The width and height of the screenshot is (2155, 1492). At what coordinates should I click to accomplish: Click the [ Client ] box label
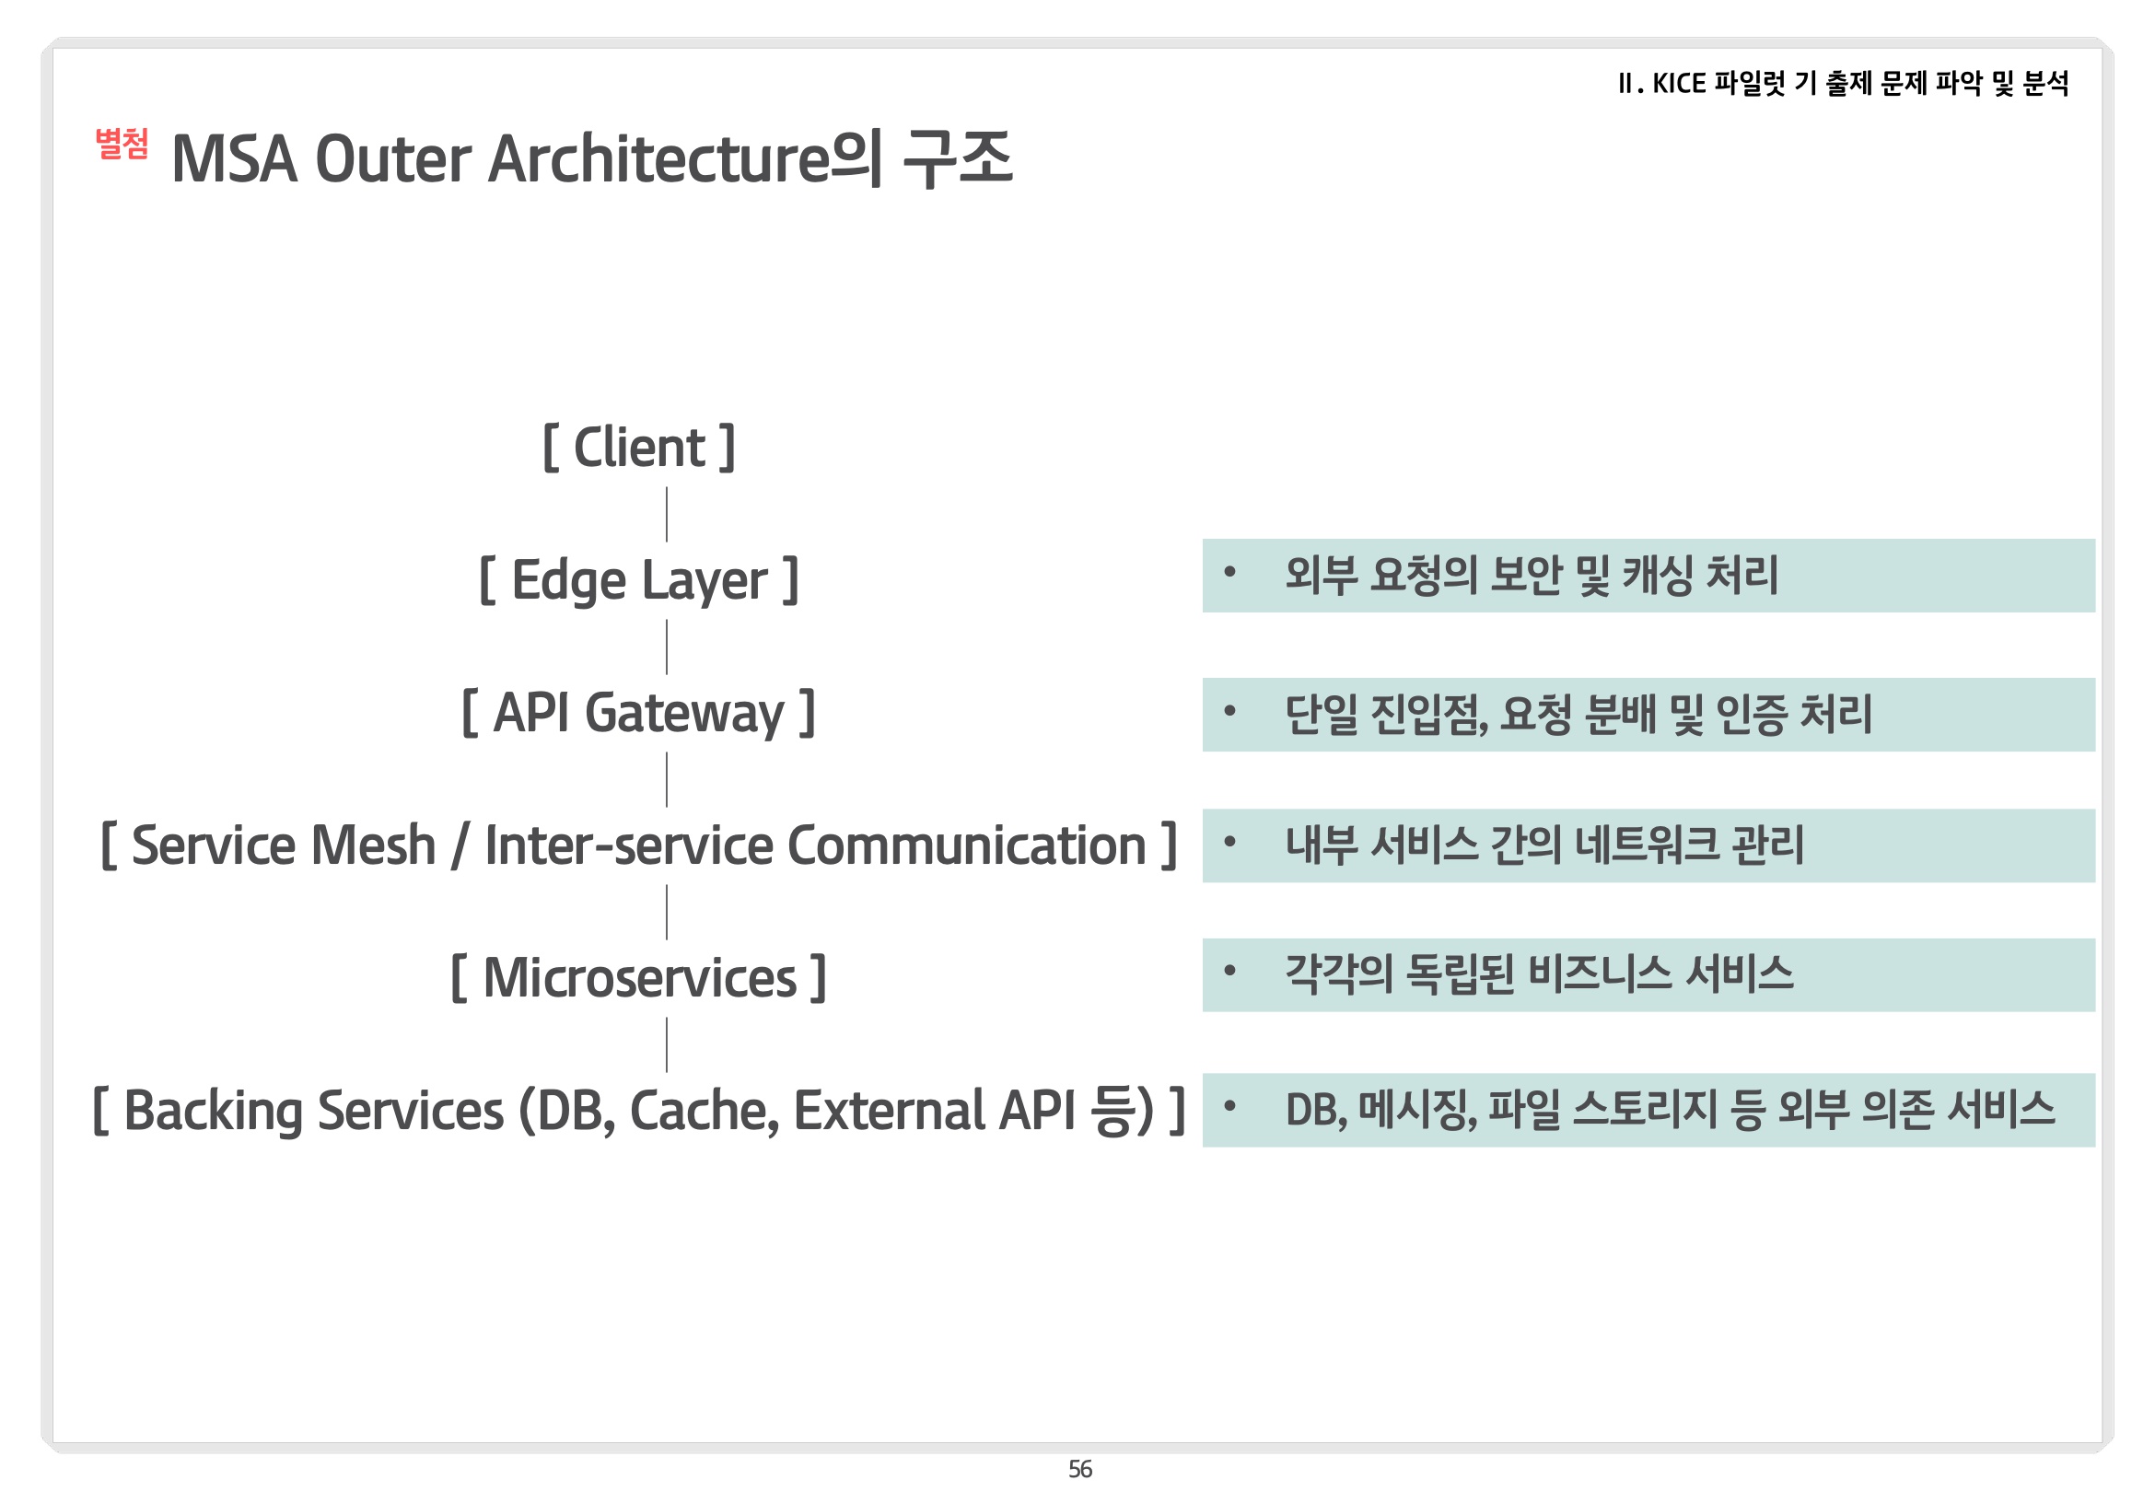[x=639, y=448]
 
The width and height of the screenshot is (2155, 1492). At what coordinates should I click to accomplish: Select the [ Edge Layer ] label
[x=639, y=579]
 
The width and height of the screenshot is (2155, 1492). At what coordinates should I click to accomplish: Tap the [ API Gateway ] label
[x=639, y=712]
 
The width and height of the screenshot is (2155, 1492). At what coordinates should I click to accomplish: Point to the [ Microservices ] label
[x=639, y=978]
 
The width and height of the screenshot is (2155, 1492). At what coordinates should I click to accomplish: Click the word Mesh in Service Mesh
[x=374, y=845]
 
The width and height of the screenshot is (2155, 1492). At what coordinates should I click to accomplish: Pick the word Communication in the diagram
[x=967, y=845]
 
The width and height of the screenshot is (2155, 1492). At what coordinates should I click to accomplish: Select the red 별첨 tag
[x=122, y=144]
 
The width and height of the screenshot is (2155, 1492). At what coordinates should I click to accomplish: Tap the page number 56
[x=1080, y=1470]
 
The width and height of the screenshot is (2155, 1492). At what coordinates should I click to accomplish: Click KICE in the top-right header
[x=1679, y=84]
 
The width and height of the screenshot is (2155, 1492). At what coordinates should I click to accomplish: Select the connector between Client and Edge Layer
[x=667, y=514]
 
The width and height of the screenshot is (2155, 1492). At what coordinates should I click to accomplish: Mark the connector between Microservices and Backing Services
[x=667, y=1045]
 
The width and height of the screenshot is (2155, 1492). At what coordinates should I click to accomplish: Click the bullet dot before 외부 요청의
[x=1229, y=572]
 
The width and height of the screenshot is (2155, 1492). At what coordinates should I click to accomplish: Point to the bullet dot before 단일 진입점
[x=1229, y=711]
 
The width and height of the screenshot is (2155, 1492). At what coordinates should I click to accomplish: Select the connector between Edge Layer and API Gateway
[x=667, y=647]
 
